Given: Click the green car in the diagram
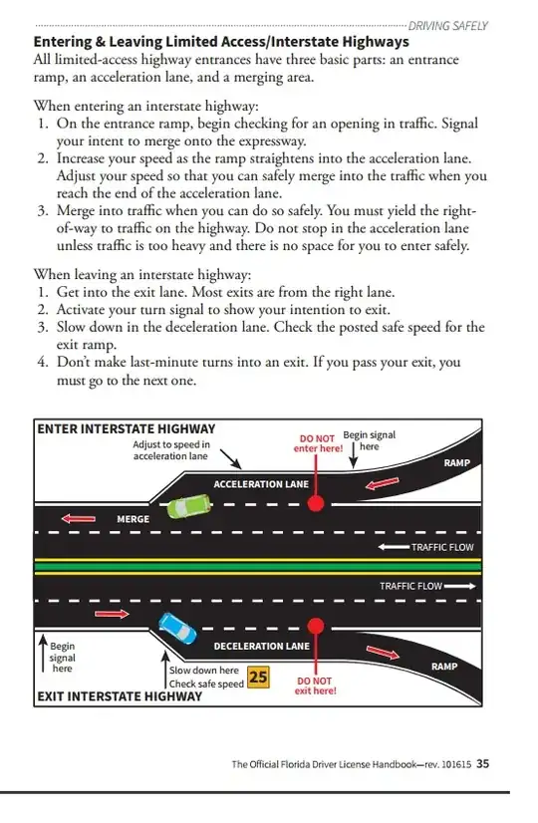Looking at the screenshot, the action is pyautogui.click(x=189, y=506).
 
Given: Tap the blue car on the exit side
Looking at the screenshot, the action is pyautogui.click(x=178, y=628).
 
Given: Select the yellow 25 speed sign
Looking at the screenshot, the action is pyautogui.click(x=258, y=677).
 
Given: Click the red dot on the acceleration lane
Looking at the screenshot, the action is pyautogui.click(x=316, y=504).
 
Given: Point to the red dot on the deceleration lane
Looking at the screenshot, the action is pyautogui.click(x=316, y=626).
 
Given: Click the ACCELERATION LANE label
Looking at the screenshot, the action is pyautogui.click(x=261, y=484).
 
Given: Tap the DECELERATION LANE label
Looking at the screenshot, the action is pyautogui.click(x=261, y=646).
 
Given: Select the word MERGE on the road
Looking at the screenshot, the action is pyautogui.click(x=133, y=519).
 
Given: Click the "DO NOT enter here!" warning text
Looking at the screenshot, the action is pyautogui.click(x=318, y=443).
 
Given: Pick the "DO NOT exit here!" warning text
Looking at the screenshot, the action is pyautogui.click(x=315, y=686).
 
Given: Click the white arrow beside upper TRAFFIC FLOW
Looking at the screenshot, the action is pyautogui.click(x=394, y=547).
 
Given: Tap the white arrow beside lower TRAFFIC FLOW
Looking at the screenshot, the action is pyautogui.click(x=460, y=586).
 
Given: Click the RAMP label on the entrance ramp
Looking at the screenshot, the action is pyautogui.click(x=456, y=463).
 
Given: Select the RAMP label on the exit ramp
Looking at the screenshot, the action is pyautogui.click(x=444, y=666).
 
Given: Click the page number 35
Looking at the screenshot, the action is pyautogui.click(x=482, y=763).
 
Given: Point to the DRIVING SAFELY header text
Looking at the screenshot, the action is pyautogui.click(x=447, y=26).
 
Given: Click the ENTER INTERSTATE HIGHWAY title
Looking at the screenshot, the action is pyautogui.click(x=126, y=428).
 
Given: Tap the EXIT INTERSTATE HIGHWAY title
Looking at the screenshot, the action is pyautogui.click(x=120, y=696).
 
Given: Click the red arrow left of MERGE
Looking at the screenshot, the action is pyautogui.click(x=79, y=518).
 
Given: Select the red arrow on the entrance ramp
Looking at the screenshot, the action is pyautogui.click(x=383, y=483).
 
